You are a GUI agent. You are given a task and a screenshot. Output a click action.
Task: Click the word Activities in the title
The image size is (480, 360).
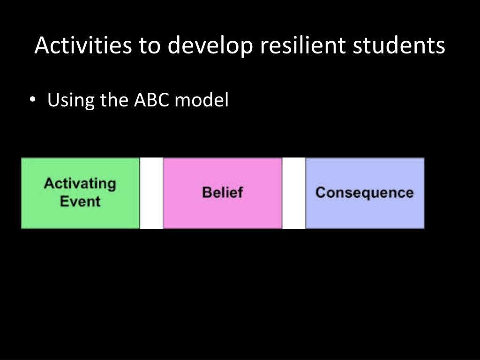(x=83, y=45)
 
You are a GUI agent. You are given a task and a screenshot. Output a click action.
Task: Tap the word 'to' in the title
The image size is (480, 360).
(x=150, y=45)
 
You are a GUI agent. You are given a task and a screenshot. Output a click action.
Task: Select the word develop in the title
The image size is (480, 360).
(x=210, y=46)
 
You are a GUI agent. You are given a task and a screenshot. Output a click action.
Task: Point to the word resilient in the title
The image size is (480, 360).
(x=303, y=45)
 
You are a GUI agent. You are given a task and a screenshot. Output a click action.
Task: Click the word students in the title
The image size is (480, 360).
(x=399, y=45)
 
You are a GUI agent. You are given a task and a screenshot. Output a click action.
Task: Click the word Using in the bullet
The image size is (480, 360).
(x=71, y=101)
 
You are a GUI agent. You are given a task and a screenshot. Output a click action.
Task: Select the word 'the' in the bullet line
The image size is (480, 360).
(x=114, y=99)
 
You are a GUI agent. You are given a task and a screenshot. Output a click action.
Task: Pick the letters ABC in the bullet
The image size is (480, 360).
(x=151, y=100)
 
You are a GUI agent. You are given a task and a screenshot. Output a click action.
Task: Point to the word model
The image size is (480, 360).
(x=202, y=99)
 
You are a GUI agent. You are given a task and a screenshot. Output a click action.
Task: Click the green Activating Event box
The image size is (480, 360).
(x=80, y=193)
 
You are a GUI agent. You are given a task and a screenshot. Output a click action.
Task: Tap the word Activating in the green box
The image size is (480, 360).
(x=80, y=184)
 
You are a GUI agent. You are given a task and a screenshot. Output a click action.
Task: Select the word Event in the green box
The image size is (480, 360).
(x=80, y=202)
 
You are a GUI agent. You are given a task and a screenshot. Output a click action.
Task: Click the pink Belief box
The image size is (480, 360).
(x=223, y=193)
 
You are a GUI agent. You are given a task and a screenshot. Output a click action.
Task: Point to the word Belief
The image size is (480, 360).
(x=223, y=192)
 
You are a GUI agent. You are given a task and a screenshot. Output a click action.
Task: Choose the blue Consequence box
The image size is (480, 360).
(x=365, y=193)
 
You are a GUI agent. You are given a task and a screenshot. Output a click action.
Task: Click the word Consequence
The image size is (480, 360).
(x=365, y=193)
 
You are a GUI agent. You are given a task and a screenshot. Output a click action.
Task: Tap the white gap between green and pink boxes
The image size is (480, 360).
(x=151, y=193)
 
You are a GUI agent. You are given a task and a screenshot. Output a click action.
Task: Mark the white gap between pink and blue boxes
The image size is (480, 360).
(x=293, y=193)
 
